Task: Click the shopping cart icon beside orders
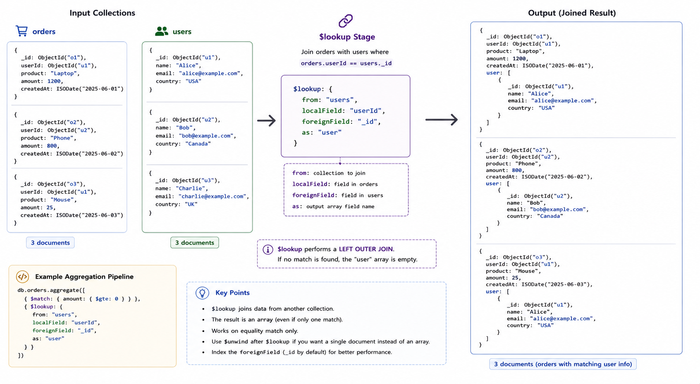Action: pyautogui.click(x=22, y=31)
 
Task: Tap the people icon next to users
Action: pyautogui.click(x=162, y=31)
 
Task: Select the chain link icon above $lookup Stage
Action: pyautogui.click(x=346, y=21)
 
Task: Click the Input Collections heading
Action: pyautogui.click(x=102, y=13)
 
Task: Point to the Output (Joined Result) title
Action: pyautogui.click(x=572, y=13)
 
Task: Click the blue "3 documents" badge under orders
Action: pyautogui.click(x=50, y=243)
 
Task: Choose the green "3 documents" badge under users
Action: pyautogui.click(x=195, y=243)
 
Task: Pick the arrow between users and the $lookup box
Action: pyautogui.click(x=267, y=121)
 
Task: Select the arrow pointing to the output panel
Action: pyautogui.click(x=442, y=119)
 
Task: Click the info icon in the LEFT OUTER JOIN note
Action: pyautogui.click(x=268, y=249)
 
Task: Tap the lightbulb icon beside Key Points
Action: pyautogui.click(x=202, y=293)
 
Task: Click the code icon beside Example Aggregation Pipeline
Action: pyautogui.click(x=22, y=277)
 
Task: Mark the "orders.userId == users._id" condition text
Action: pyautogui.click(x=346, y=63)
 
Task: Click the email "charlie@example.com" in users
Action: pyautogui.click(x=213, y=196)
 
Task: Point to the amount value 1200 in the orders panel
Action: pyautogui.click(x=54, y=81)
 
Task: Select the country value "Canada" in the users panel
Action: pyautogui.click(x=198, y=144)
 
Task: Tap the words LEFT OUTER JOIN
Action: pyautogui.click(x=366, y=249)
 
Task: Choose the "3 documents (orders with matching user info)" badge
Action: pyautogui.click(x=563, y=364)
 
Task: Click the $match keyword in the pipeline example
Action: pyautogui.click(x=40, y=299)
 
